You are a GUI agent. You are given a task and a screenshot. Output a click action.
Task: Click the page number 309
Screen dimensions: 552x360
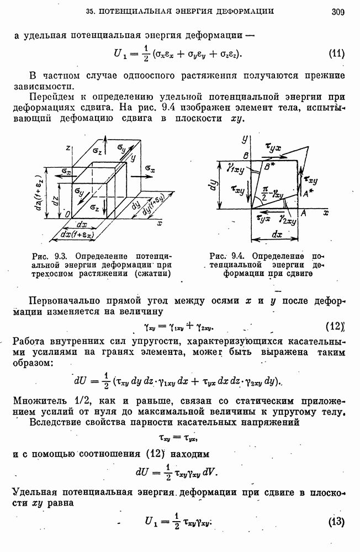pos(338,10)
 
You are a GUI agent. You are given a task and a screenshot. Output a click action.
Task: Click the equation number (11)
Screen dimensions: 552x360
pos(336,54)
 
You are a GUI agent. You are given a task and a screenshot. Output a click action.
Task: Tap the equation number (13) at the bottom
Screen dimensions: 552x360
pos(336,522)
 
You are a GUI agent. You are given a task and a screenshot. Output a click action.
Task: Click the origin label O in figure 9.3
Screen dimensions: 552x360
pos(66,214)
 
